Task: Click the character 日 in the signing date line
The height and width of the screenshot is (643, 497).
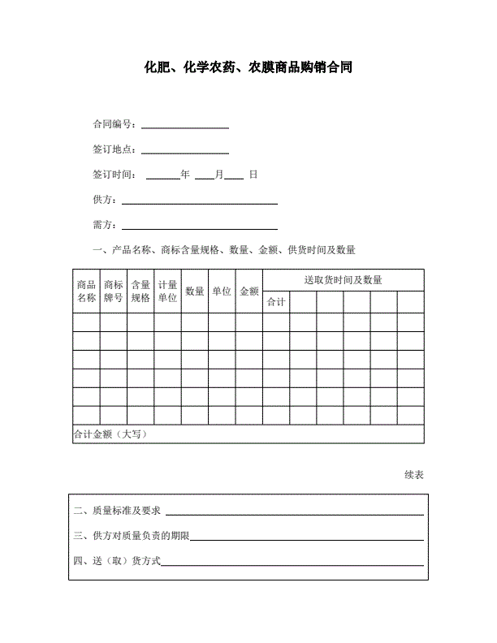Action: coord(253,175)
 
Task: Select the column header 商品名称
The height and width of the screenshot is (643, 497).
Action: coord(86,291)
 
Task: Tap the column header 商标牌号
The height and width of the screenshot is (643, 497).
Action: coord(113,291)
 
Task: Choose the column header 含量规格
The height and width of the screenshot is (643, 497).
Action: coord(140,291)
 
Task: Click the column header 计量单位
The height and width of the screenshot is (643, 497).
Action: coord(167,291)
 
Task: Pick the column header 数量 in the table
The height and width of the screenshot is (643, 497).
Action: coord(194,291)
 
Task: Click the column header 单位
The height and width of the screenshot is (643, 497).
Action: coord(222,291)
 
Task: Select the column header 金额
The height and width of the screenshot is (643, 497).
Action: coord(248,291)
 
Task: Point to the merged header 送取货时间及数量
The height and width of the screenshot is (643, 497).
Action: coord(343,280)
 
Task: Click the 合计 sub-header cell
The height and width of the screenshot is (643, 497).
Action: coord(276,302)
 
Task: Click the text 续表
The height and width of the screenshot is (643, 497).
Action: coord(413,475)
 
